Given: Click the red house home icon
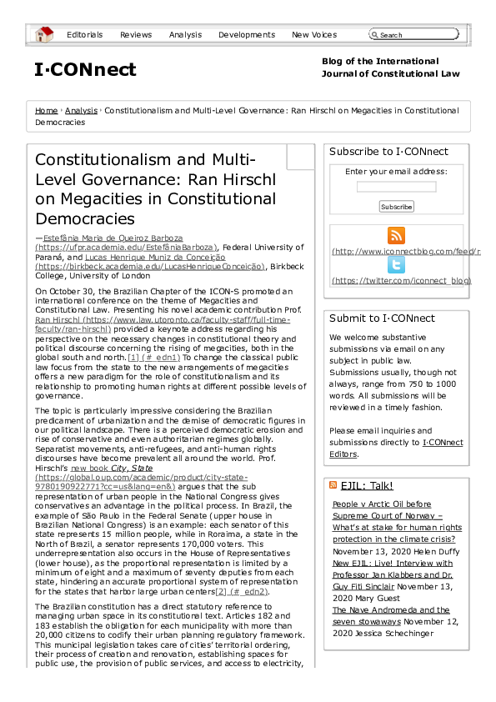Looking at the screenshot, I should [43, 34].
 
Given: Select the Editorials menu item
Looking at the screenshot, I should [84, 35].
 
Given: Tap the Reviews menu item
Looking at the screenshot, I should [136, 35].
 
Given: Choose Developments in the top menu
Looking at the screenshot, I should [246, 35].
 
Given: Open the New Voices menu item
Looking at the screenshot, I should [314, 35].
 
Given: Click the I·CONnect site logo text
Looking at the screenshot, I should [85, 70].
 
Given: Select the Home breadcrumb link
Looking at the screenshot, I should [47, 110].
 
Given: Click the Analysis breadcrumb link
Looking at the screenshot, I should [81, 110].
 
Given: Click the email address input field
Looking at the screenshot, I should [396, 187].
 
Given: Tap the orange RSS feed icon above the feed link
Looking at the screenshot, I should [397, 236].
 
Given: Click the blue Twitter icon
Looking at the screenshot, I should [397, 265].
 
